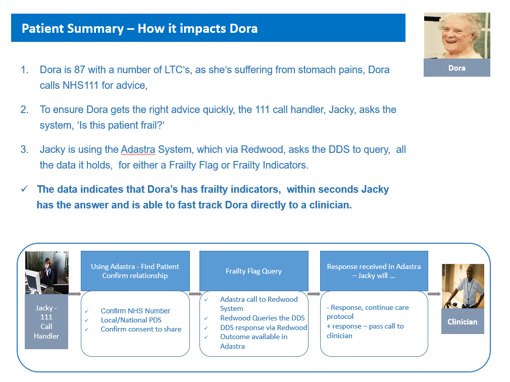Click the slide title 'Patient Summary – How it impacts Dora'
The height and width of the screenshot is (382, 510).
click(x=139, y=29)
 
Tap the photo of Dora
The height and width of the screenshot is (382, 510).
click(x=457, y=36)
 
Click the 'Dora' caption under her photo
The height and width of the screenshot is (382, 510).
click(x=457, y=68)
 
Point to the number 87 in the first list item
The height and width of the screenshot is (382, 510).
click(x=80, y=70)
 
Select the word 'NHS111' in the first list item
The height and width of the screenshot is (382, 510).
click(x=80, y=85)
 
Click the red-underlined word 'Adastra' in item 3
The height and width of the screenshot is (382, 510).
click(x=138, y=149)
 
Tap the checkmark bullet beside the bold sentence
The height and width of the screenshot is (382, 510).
click(x=24, y=189)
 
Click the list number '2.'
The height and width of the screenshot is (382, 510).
click(x=25, y=110)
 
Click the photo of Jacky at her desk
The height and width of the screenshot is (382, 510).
click(x=47, y=273)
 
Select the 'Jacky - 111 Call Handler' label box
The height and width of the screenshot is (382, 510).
click(x=46, y=321)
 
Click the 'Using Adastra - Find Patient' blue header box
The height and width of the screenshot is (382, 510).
click(x=135, y=271)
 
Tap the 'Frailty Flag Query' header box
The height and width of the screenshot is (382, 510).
click(x=253, y=271)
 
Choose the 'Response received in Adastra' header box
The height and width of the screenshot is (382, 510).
click(x=374, y=271)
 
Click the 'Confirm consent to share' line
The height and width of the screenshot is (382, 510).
click(x=141, y=329)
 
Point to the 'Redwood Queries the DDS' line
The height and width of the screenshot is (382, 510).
click(x=263, y=318)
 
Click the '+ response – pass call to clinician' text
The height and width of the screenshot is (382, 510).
click(x=365, y=331)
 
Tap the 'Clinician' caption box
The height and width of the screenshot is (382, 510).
click(x=463, y=321)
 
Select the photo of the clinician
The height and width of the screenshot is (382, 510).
click(x=463, y=286)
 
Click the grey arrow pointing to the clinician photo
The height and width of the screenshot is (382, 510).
click(x=434, y=294)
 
